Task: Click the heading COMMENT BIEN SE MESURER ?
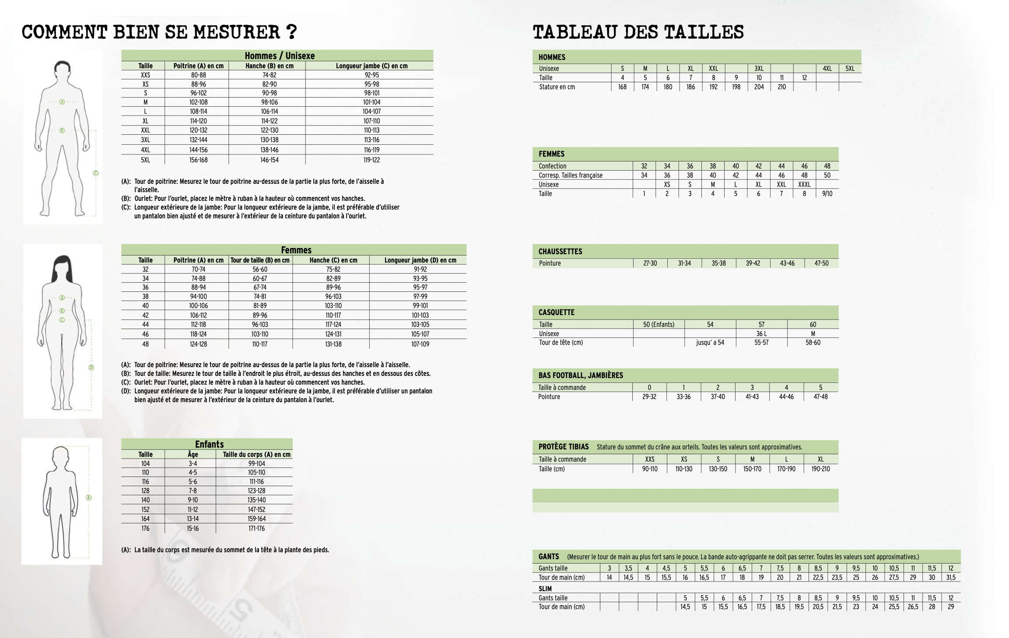click(159, 32)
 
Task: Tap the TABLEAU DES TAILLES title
click(638, 32)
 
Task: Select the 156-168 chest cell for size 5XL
click(198, 160)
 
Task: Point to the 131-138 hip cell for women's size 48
click(333, 344)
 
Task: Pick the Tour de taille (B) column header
click(260, 260)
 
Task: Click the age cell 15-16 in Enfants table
click(193, 529)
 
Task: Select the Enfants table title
click(209, 444)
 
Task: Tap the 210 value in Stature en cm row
click(781, 87)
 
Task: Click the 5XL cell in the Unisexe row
click(850, 69)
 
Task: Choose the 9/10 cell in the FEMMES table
click(827, 194)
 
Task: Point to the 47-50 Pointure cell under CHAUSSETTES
click(821, 263)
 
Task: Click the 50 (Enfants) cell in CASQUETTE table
click(659, 325)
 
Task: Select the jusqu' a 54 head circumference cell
click(710, 343)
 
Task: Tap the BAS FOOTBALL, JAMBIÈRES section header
click(581, 375)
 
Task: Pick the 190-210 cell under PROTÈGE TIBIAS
click(820, 469)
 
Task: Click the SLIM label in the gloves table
click(545, 589)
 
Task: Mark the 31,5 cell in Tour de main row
click(951, 578)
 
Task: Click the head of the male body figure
click(63, 70)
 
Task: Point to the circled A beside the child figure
click(89, 498)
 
